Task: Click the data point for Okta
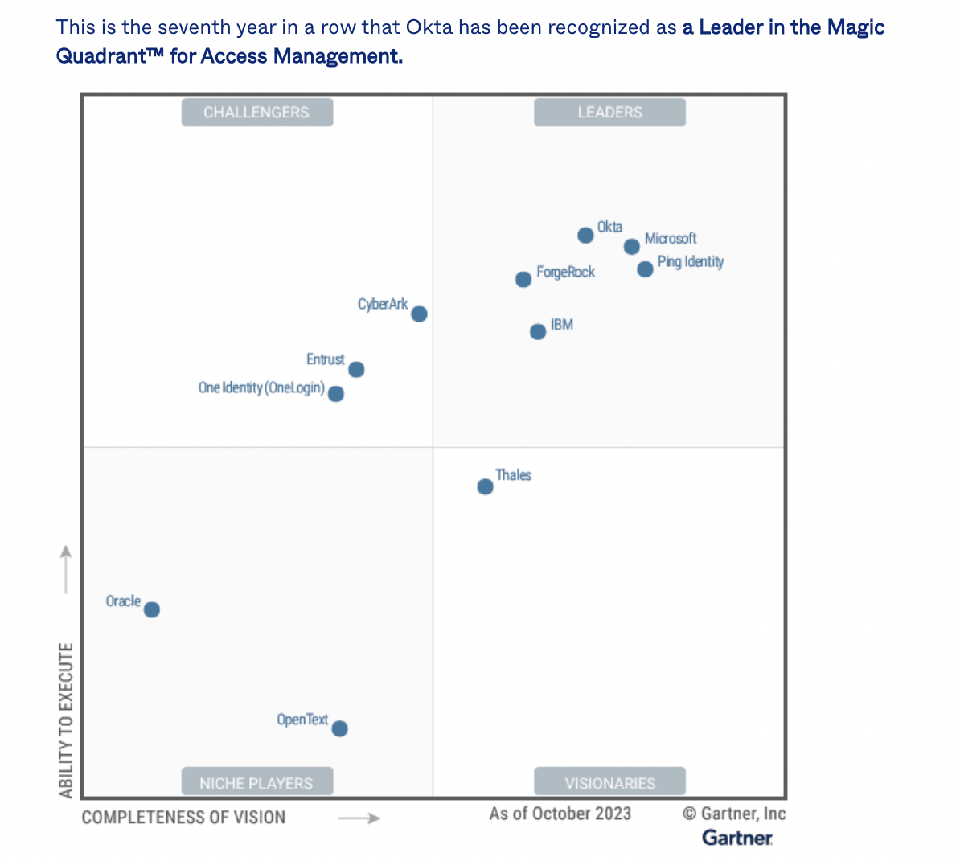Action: pyautogui.click(x=585, y=235)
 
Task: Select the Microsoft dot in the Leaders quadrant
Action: pyautogui.click(x=632, y=247)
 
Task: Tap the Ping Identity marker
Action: pyautogui.click(x=645, y=269)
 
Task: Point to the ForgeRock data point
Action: pyautogui.click(x=523, y=279)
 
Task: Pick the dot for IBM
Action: pyautogui.click(x=538, y=332)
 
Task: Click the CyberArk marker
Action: pyautogui.click(x=419, y=314)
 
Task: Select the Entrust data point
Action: pyautogui.click(x=356, y=370)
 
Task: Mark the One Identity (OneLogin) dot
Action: pyautogui.click(x=336, y=394)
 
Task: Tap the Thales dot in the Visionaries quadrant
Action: pyautogui.click(x=485, y=486)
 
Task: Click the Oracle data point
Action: pyautogui.click(x=152, y=609)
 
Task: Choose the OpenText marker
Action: pyautogui.click(x=339, y=728)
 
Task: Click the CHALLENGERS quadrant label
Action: pyautogui.click(x=256, y=113)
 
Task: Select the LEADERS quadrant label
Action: pyautogui.click(x=609, y=113)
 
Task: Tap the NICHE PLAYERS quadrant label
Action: pyautogui.click(x=256, y=782)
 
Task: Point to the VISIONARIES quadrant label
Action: pyautogui.click(x=609, y=782)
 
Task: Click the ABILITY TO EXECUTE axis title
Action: pyautogui.click(x=66, y=720)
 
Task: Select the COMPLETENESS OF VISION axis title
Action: pyautogui.click(x=183, y=818)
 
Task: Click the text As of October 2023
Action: pyautogui.click(x=560, y=814)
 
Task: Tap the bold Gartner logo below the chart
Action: pyautogui.click(x=737, y=838)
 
